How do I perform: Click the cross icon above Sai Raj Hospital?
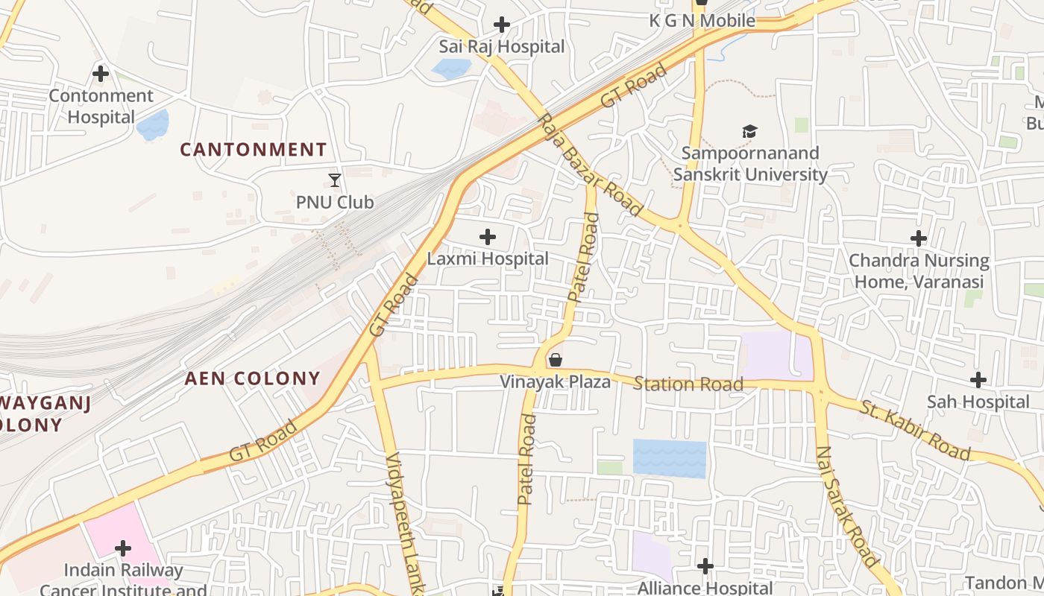pyautogui.click(x=502, y=25)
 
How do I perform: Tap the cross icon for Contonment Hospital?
pyautogui.click(x=101, y=74)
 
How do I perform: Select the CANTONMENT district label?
pyautogui.click(x=254, y=150)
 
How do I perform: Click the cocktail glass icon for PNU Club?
pyautogui.click(x=335, y=180)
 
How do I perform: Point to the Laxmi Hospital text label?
pyautogui.click(x=488, y=259)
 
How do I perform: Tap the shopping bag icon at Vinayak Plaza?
pyautogui.click(x=556, y=361)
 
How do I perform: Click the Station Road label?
pyautogui.click(x=688, y=384)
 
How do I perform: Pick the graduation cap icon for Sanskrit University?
pyautogui.click(x=749, y=132)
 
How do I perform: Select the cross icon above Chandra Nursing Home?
pyautogui.click(x=919, y=238)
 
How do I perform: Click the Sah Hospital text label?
pyautogui.click(x=978, y=402)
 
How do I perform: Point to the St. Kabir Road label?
pyautogui.click(x=915, y=431)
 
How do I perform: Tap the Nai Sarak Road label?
pyautogui.click(x=847, y=507)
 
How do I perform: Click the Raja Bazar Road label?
pyautogui.click(x=589, y=165)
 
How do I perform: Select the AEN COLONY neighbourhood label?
pyautogui.click(x=253, y=378)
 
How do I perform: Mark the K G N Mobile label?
pyautogui.click(x=702, y=21)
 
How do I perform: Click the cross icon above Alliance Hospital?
pyautogui.click(x=705, y=567)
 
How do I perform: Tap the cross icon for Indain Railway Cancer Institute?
pyautogui.click(x=123, y=549)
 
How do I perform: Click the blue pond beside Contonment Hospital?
pyautogui.click(x=153, y=124)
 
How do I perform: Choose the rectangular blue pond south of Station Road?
pyautogui.click(x=669, y=458)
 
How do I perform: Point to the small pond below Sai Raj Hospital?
pyautogui.click(x=451, y=69)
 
